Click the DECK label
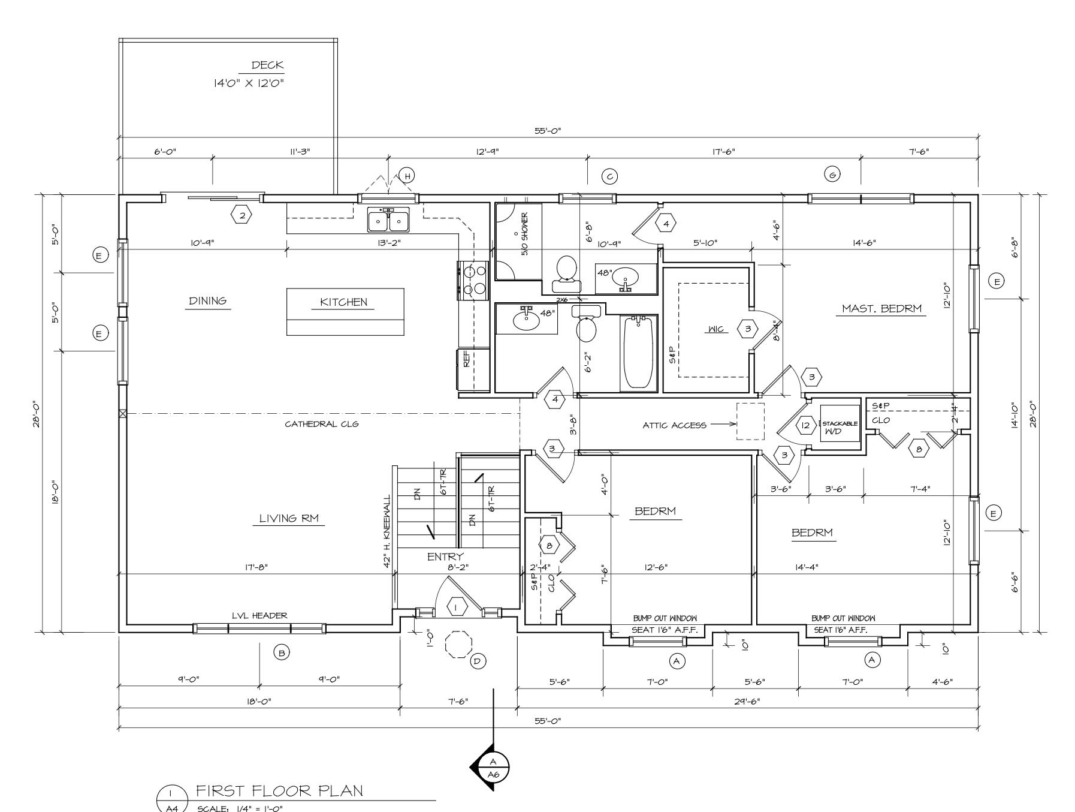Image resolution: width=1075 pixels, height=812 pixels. pos(267,65)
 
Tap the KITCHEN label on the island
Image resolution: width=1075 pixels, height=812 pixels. pos(343,302)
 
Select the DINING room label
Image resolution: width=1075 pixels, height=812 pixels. pos(208,300)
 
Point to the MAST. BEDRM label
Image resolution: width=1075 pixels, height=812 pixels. pos(881,309)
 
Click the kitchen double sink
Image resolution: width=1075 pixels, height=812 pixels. pos(388,220)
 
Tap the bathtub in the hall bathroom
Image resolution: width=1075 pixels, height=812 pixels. pos(638,352)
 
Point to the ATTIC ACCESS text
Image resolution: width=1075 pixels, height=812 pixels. pos(674,425)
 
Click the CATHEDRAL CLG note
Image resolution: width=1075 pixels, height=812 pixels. pos(322,424)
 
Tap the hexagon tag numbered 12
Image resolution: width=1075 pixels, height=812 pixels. pos(805,425)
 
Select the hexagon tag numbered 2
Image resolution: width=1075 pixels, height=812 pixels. pos(242,215)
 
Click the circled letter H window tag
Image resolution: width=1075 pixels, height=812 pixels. pos(407,176)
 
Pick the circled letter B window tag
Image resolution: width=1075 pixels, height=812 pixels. pos(282,652)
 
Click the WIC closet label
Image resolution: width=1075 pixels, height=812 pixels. pos(716,329)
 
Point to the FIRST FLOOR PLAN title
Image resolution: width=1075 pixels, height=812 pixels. pos(279,790)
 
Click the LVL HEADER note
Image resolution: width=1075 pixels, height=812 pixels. pos(259,615)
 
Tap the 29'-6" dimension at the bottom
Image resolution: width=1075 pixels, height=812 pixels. pos(747,700)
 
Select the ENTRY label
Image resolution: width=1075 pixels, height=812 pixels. pos(445,557)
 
